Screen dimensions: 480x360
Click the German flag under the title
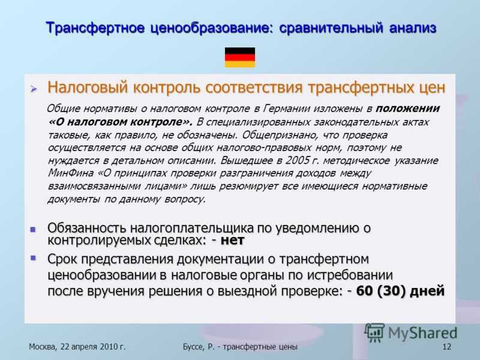click(x=239, y=57)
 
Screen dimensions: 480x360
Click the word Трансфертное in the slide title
click(x=95, y=28)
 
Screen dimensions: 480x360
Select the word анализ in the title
click(x=412, y=28)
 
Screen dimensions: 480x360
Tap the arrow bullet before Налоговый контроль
click(x=34, y=89)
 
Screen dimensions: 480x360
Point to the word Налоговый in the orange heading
click(x=88, y=88)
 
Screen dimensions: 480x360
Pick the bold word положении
click(x=408, y=109)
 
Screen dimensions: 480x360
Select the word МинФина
click(x=71, y=173)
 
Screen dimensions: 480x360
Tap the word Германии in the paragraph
click(x=286, y=109)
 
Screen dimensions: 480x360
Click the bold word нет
click(x=232, y=241)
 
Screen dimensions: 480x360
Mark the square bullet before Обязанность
click(x=33, y=229)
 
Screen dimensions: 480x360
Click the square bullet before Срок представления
click(x=33, y=258)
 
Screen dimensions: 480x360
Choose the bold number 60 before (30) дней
click(x=365, y=290)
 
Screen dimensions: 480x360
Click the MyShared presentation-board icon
click(x=374, y=332)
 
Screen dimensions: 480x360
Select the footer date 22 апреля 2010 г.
click(x=93, y=347)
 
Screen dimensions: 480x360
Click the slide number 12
click(x=446, y=347)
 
